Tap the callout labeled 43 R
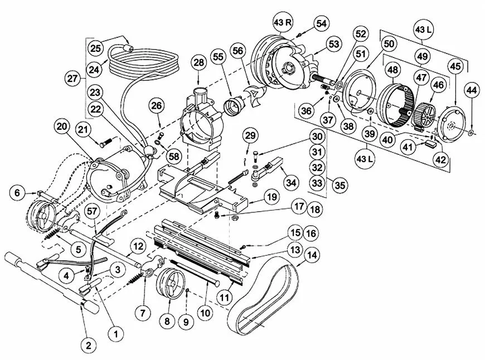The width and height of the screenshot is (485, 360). pos(283,22)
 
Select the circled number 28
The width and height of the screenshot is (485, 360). pos(198,63)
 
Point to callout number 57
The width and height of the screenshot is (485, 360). pos(92,211)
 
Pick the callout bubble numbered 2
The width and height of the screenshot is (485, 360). pos(89,345)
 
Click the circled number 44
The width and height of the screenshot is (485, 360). pos(472,90)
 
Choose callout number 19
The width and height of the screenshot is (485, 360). pos(271,197)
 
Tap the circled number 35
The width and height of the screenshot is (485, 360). pos(339,186)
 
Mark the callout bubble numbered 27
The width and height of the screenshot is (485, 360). pos(72,79)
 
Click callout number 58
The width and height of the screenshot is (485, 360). pos(174,157)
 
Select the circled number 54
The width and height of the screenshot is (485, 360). pos(322,23)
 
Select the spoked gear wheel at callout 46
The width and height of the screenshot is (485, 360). pos(424,115)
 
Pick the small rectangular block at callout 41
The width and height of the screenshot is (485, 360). pos(430,143)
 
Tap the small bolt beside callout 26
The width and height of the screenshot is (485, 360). pos(161,135)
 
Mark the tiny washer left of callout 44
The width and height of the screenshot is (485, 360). pos(471,133)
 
